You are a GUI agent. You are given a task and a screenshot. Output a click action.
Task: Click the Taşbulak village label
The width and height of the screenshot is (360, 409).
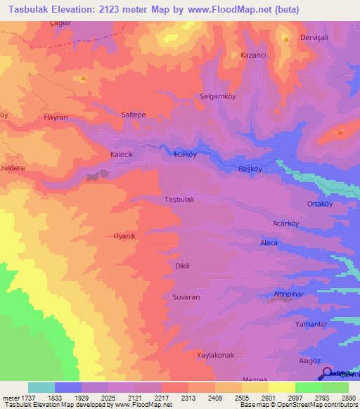point(179,200)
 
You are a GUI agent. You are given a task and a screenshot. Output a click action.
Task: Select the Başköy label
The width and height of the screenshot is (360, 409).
point(250,169)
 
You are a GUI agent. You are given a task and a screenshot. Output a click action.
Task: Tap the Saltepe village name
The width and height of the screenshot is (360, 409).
point(134,114)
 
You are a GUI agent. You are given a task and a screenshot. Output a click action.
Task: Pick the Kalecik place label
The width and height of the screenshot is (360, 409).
point(102,154)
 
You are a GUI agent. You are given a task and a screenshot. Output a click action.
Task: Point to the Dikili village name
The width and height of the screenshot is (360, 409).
point(183,266)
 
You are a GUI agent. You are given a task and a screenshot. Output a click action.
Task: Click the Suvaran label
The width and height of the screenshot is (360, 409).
point(186,297)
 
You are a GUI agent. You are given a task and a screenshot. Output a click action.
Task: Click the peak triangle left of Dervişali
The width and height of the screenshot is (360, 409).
point(285,39)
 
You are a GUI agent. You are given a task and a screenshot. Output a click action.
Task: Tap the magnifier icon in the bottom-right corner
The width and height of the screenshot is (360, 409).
point(328,373)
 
